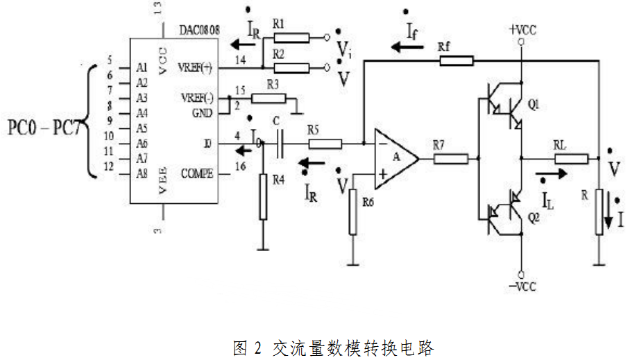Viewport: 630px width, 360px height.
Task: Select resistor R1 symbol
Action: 291,37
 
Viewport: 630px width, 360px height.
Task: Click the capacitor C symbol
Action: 278,144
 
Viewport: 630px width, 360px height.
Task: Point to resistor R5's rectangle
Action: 324,144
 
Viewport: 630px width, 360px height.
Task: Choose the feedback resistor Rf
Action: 456,60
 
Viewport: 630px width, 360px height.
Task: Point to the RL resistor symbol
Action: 570,159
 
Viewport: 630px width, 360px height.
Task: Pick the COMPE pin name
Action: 198,173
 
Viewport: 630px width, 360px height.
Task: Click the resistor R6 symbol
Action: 352,214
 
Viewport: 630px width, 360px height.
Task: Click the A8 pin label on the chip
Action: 142,173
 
